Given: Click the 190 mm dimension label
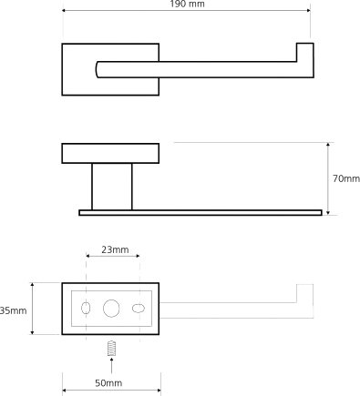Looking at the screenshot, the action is click(187, 4).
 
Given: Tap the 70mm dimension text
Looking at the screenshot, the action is click(346, 178).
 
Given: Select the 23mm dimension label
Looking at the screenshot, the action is click(115, 249).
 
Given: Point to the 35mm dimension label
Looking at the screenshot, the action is click(14, 310).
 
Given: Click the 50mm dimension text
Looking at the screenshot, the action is click(108, 383).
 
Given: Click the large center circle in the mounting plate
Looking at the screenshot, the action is click(111, 309).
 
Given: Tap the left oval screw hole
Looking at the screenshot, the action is click(86, 309).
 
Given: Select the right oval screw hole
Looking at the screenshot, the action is click(139, 309).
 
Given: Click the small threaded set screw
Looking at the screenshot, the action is click(112, 349).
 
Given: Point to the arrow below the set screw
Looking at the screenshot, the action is click(111, 365).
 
